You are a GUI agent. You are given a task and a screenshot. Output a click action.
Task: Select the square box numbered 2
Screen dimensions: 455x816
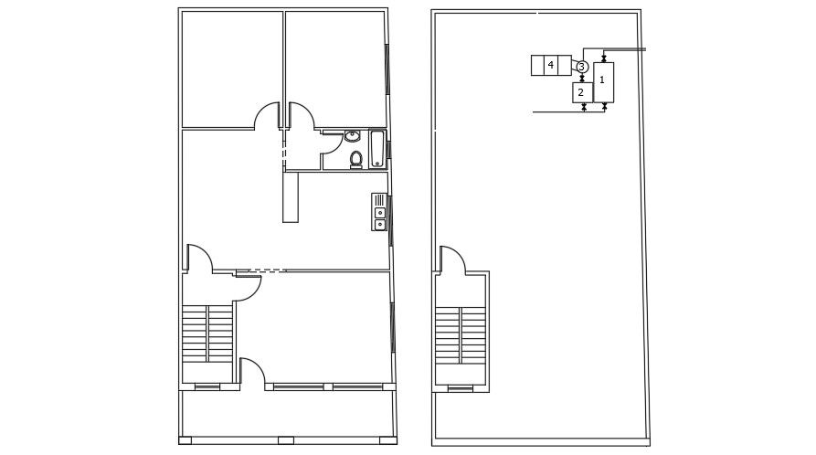pos(581,92)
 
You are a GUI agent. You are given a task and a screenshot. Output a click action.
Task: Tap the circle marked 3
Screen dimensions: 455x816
pos(581,67)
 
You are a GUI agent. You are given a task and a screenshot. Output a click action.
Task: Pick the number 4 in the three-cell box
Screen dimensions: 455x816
pos(550,65)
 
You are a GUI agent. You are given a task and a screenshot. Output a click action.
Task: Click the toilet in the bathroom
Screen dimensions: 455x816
pos(356,160)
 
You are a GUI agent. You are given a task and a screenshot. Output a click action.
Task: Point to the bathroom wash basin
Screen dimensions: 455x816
pos(353,137)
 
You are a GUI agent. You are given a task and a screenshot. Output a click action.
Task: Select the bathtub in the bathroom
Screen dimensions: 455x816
pos(377,149)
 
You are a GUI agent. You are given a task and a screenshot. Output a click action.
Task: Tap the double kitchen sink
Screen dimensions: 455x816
pos(380,218)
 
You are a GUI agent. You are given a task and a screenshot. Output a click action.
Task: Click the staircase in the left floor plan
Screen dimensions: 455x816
pos(208,333)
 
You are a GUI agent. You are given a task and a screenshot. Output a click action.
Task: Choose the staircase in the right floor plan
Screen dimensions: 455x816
pos(460,334)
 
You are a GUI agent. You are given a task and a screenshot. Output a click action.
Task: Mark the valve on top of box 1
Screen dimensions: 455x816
pos(603,58)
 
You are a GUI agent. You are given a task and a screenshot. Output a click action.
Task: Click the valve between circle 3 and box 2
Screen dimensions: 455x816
pos(581,78)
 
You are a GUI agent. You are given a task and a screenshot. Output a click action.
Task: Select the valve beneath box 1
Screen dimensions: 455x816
pos(603,107)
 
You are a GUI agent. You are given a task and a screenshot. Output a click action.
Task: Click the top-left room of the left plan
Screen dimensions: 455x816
pos(231,69)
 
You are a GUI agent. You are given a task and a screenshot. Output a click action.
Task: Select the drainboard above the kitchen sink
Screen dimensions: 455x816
pos(379,200)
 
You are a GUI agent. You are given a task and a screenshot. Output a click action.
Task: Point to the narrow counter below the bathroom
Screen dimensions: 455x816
pos(291,196)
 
